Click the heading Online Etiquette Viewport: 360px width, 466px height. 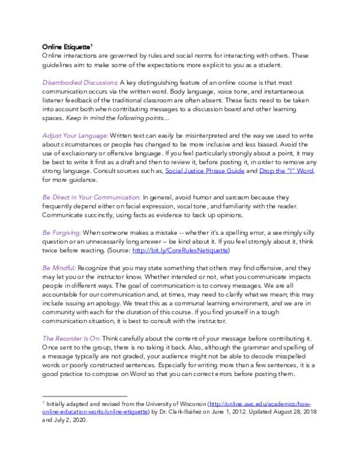65,46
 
